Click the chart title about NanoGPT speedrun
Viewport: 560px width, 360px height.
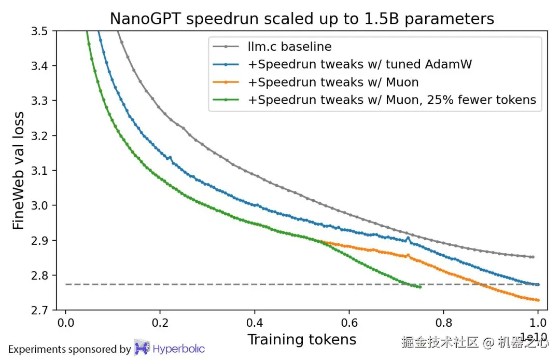(x=302, y=19)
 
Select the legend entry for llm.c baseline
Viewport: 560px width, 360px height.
(x=289, y=47)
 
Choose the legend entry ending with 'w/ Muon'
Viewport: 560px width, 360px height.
(x=333, y=82)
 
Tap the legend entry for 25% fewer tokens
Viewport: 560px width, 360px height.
(x=391, y=100)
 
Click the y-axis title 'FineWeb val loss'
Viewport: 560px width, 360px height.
(x=19, y=171)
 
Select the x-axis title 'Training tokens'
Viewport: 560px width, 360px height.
(x=302, y=340)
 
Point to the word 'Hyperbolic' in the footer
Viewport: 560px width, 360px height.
(x=179, y=349)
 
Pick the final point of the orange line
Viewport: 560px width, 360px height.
(x=538, y=300)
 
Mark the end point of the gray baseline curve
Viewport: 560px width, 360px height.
(x=533, y=257)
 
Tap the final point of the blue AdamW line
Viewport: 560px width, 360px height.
(x=538, y=284)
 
